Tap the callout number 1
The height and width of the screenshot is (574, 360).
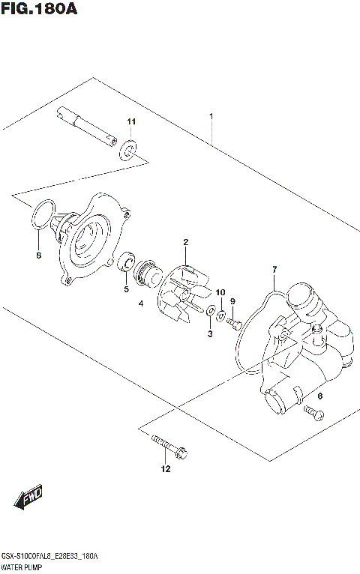tap(211, 116)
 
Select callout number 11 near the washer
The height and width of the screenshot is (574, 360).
tap(131, 122)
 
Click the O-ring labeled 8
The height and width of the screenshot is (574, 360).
tap(43, 214)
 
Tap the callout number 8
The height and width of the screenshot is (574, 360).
tap(39, 256)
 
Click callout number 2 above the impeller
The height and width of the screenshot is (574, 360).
tap(185, 242)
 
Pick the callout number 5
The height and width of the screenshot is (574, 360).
tap(126, 288)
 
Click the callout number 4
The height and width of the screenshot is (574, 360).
tap(140, 303)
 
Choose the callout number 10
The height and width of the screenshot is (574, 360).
tap(220, 291)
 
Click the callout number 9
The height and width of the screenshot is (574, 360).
tap(232, 301)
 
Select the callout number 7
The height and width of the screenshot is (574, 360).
tap(274, 269)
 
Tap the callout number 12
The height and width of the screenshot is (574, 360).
tap(165, 470)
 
